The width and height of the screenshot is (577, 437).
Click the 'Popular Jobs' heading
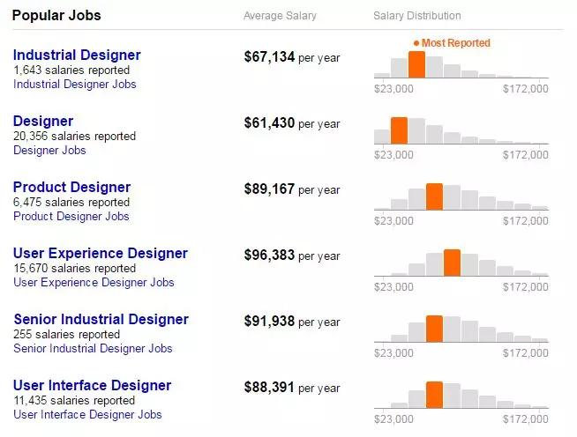[x=56, y=16]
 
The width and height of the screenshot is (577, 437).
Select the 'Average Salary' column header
[x=280, y=16]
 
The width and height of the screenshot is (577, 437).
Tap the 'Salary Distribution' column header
[x=416, y=16]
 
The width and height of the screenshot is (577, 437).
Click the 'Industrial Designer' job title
[x=77, y=55]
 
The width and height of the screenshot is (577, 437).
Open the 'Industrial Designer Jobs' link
[x=75, y=85]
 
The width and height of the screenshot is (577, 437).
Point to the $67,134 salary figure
[x=269, y=57]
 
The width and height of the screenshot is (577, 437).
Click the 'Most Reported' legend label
[x=455, y=42]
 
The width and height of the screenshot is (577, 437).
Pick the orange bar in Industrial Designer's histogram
[x=416, y=64]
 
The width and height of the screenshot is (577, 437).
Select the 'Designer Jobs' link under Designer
[x=49, y=151]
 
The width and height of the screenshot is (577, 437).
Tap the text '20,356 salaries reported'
[x=75, y=137]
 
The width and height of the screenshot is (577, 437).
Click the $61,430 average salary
[x=269, y=123]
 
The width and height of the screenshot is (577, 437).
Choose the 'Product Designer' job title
[x=71, y=187]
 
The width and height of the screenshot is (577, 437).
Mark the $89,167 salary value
[x=269, y=189]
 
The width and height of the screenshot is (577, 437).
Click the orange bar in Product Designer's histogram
[x=434, y=196]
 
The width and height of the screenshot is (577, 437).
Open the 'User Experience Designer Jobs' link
[x=94, y=283]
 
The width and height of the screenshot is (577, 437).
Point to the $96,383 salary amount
[x=269, y=256]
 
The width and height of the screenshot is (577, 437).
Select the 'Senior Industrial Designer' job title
[x=101, y=319]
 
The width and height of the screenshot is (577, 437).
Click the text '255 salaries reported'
[x=67, y=335]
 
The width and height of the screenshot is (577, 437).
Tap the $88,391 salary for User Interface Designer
[x=269, y=388]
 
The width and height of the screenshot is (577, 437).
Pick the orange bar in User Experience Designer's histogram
[x=452, y=263]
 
